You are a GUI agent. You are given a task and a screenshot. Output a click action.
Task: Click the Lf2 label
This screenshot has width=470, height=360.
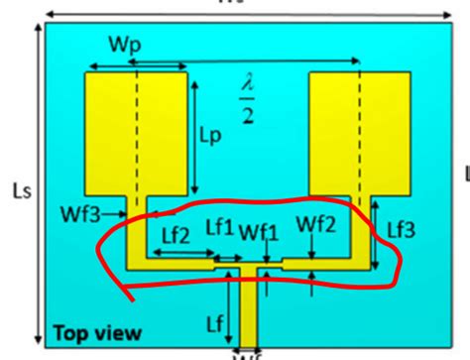[x=176, y=235]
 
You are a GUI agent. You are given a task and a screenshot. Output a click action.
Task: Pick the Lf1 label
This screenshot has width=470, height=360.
[x=219, y=228]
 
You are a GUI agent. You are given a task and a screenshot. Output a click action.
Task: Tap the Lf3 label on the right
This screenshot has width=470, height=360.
[x=401, y=229]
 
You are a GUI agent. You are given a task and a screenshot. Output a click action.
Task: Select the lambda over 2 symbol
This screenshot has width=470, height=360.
[x=249, y=98]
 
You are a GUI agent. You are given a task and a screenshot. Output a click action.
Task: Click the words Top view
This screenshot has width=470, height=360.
[x=97, y=333]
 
